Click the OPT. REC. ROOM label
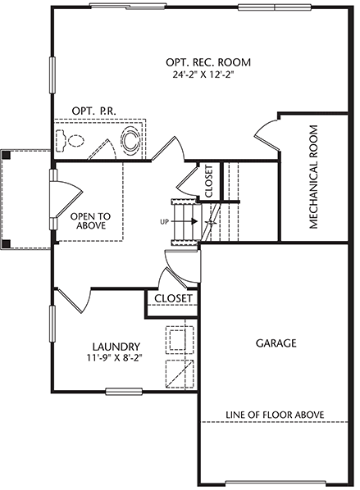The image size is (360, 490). (x=208, y=62)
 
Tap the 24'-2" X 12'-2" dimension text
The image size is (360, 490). (x=203, y=75)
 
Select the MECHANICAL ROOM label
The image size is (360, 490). (x=313, y=177)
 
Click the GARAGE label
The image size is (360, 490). (x=276, y=343)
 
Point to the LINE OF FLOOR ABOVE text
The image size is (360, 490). (x=275, y=415)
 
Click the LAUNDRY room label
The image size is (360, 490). (x=116, y=347)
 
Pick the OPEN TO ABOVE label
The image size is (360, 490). (x=90, y=220)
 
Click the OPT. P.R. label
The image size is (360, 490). (x=93, y=111)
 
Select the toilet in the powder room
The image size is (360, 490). (x=70, y=140)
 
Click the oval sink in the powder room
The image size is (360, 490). (x=130, y=140)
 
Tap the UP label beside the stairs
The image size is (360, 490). (x=165, y=222)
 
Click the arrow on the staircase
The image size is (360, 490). (x=184, y=221)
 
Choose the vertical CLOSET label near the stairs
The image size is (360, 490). (x=209, y=181)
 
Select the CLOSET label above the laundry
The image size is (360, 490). (x=173, y=298)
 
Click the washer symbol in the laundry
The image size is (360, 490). (x=180, y=338)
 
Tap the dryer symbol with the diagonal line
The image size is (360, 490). (x=180, y=374)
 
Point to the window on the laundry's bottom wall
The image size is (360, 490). (x=124, y=391)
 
